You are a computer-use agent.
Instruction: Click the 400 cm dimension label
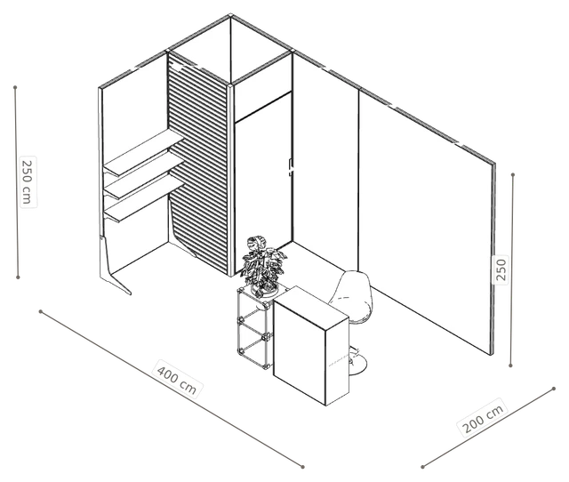(x=177, y=379)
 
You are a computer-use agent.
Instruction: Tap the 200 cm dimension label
(x=484, y=418)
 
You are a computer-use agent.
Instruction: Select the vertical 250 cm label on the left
(x=28, y=182)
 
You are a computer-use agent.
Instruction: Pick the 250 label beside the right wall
(x=501, y=269)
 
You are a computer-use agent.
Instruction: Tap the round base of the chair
(x=357, y=365)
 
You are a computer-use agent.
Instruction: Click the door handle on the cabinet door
(x=291, y=167)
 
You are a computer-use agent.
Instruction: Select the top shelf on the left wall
(x=143, y=152)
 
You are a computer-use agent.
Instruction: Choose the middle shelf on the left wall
(x=144, y=175)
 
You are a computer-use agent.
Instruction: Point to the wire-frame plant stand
(x=254, y=328)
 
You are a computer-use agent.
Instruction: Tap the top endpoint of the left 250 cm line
(x=15, y=87)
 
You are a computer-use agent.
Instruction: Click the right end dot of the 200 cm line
(x=554, y=389)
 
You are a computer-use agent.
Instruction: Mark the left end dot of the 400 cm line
(x=41, y=311)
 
